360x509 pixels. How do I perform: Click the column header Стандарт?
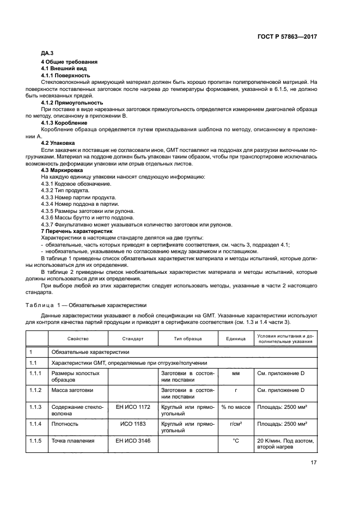tap(133, 338)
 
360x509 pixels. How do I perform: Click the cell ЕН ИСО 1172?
tap(133, 407)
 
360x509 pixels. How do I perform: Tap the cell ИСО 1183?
tap(133, 423)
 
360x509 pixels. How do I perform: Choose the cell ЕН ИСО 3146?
tap(133, 440)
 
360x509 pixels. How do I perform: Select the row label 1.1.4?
tap(35, 423)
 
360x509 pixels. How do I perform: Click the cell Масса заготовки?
tap(71, 390)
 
